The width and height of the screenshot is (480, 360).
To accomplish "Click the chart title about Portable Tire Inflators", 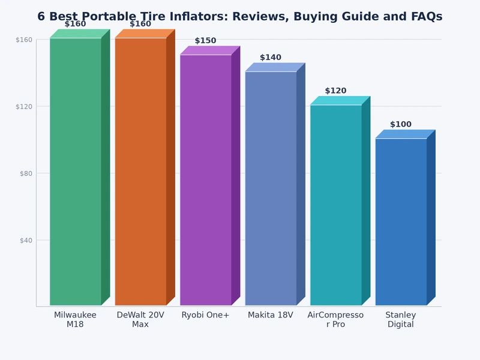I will coord(240,17).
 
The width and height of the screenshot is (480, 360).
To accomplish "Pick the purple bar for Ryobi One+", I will coord(206,180).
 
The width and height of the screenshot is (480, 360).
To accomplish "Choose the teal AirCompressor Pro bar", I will coord(336,205).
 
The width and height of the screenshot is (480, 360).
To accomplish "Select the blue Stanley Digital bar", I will coord(401,221).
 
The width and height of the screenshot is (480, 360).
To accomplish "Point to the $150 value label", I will coord(205,41).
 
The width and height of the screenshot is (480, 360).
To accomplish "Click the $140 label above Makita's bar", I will coord(271,58).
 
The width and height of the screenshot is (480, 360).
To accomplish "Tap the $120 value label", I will coord(335,91).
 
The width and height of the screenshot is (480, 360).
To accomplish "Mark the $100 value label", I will coord(401,125).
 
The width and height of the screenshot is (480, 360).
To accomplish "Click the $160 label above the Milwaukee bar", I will coord(75,24).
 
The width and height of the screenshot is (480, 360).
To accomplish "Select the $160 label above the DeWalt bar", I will coord(140,24).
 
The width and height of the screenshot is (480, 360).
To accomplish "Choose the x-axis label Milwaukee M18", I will coord(75,320).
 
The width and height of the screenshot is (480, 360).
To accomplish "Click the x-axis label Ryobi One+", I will coord(205,315).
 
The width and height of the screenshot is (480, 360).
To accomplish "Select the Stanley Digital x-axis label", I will coord(401,320).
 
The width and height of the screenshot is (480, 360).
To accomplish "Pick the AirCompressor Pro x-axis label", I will coord(335,320).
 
